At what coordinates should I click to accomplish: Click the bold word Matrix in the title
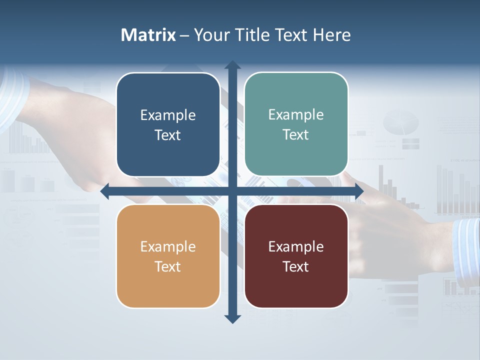pos(148,35)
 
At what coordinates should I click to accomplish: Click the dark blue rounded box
pos(168,125)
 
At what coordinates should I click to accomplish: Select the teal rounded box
pos(296,124)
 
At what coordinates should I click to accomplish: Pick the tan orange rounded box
pos(168,256)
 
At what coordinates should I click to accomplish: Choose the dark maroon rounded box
pos(296,256)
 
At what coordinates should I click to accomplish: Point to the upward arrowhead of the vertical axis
pos(232,64)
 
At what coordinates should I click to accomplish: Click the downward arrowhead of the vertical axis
pos(232,318)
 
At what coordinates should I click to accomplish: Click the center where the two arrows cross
pos(232,191)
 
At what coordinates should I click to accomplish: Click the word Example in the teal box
pos(296,115)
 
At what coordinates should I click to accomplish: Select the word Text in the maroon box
pos(296,266)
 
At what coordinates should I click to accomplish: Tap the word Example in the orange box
pos(168,246)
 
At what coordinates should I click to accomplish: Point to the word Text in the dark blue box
pos(168,135)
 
